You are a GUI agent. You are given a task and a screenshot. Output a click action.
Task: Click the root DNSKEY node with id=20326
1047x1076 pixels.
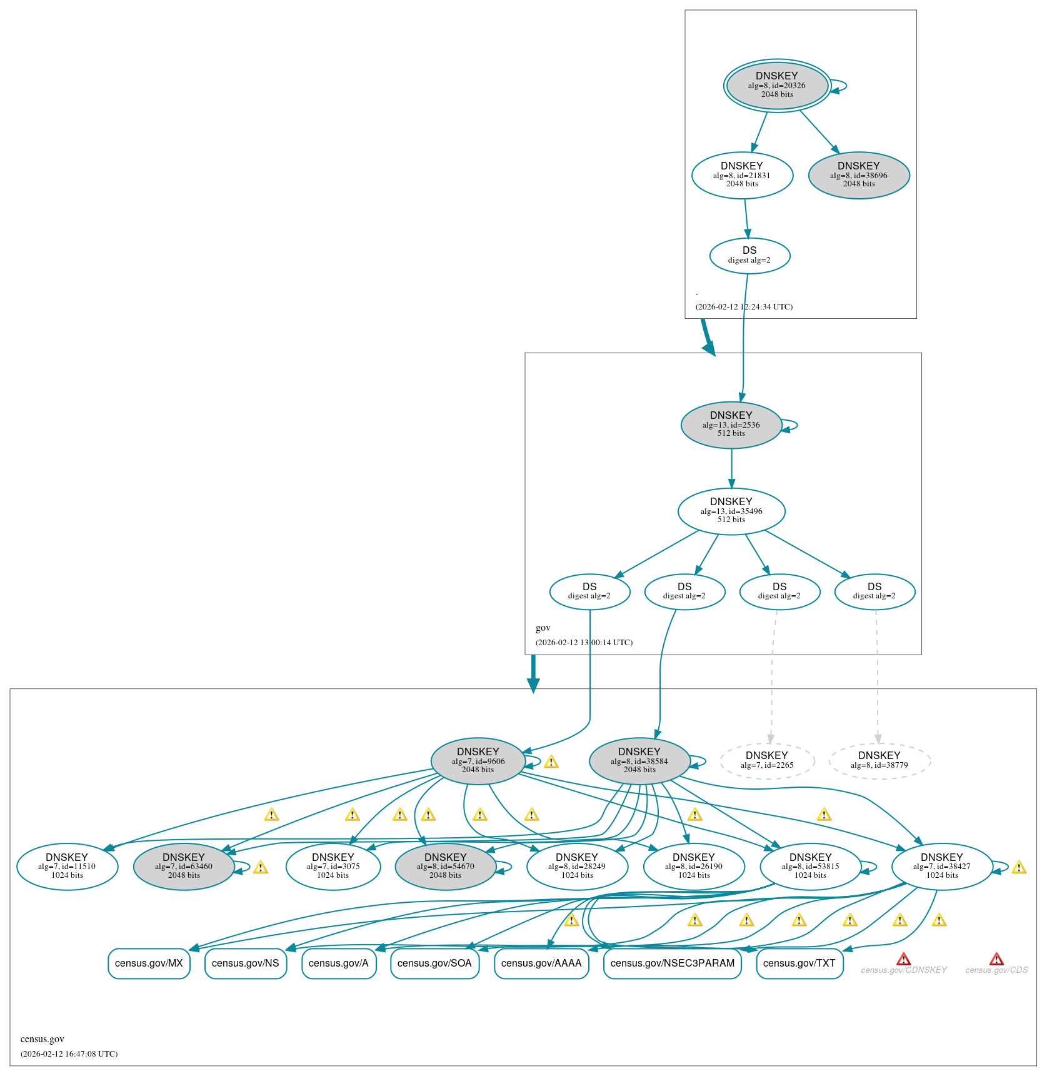777,86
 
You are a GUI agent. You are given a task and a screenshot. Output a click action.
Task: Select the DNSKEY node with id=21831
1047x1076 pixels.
742,175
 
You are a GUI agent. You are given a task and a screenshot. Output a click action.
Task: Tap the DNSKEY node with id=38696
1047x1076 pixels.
859,175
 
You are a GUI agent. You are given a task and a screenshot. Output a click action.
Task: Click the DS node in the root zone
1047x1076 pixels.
749,255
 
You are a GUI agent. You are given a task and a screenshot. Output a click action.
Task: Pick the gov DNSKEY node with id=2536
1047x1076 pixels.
731,425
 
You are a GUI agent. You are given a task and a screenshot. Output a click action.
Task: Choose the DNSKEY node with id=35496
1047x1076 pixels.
731,511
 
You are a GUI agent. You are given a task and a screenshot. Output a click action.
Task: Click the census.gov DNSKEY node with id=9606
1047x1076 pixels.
478,761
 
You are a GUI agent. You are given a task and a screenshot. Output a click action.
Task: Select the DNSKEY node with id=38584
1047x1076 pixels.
639,761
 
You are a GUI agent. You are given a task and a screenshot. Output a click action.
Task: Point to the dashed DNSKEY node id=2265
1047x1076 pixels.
767,760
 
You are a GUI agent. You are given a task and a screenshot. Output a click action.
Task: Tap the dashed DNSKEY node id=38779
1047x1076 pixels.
879,760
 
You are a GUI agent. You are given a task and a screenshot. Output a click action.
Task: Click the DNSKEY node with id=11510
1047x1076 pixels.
67,867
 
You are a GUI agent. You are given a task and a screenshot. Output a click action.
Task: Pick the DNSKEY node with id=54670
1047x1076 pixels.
446,867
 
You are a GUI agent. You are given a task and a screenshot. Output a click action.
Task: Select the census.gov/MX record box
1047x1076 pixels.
149,963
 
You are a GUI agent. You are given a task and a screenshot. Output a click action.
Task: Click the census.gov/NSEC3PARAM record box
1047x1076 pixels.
673,963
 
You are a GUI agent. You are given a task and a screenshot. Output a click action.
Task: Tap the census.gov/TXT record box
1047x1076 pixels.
799,963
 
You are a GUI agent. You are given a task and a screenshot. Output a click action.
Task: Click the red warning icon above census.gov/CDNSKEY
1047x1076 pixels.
903,959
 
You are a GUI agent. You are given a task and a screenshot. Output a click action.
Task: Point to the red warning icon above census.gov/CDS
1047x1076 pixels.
996,959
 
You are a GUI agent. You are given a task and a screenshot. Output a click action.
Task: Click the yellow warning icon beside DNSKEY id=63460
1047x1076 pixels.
261,867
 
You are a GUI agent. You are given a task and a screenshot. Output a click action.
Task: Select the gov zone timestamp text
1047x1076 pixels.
584,643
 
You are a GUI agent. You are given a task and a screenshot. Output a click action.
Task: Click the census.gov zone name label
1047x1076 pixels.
43,1039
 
